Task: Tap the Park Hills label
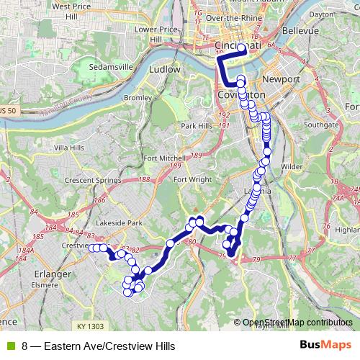pyautogui.click(x=198, y=126)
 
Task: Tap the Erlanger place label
pyautogui.click(x=50, y=274)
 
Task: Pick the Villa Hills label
pyautogui.click(x=69, y=147)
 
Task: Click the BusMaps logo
pyautogui.click(x=325, y=346)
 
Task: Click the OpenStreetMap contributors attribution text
pyautogui.click(x=297, y=323)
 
